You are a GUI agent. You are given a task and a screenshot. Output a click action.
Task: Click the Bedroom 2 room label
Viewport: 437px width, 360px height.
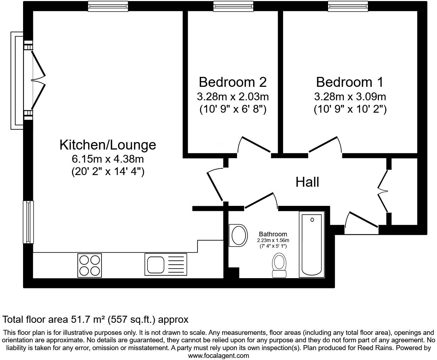click(x=233, y=82)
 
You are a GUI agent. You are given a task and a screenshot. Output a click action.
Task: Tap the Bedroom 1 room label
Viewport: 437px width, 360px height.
click(x=350, y=82)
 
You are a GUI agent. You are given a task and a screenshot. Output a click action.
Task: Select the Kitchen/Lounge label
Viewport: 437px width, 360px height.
click(x=108, y=145)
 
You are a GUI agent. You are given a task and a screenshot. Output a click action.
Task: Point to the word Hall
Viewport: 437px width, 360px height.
click(x=308, y=182)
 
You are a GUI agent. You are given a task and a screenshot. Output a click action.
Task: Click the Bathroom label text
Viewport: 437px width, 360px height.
click(x=273, y=234)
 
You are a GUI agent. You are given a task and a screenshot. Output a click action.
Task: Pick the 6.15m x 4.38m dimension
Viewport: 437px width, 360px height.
click(x=108, y=159)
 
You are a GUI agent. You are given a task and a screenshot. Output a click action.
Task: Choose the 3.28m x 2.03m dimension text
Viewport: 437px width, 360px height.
click(x=233, y=96)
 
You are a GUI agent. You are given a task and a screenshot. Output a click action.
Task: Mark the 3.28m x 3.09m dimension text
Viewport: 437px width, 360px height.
click(x=350, y=96)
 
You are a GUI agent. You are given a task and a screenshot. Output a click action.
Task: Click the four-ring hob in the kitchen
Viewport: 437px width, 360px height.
click(x=89, y=265)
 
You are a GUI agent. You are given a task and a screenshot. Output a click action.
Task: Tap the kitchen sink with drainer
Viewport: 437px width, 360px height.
click(x=166, y=264)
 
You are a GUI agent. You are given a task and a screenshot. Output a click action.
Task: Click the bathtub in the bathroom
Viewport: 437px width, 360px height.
click(x=312, y=244)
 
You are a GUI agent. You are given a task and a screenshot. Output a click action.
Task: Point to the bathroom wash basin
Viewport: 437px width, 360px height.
click(x=238, y=235)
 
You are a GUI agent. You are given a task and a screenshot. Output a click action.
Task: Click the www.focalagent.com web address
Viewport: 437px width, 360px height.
click(x=218, y=355)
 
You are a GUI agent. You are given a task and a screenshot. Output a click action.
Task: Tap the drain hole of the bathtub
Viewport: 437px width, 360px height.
click(x=312, y=220)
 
